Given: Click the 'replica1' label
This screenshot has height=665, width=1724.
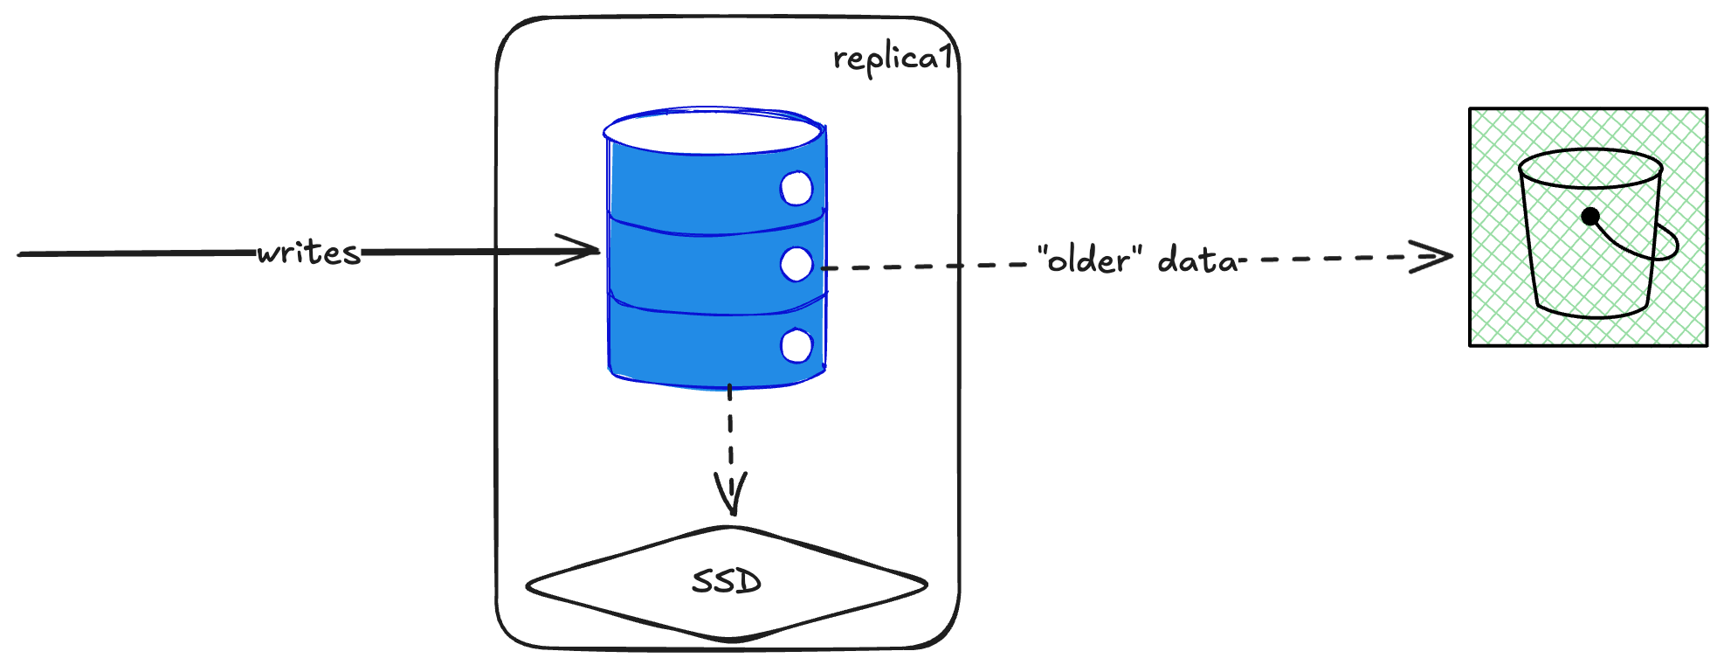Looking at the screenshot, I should [891, 59].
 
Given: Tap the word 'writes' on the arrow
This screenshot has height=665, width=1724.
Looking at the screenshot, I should [308, 253].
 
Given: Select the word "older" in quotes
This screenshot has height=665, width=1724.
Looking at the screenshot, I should [1089, 260].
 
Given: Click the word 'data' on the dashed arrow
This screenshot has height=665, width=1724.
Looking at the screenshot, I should [1197, 260].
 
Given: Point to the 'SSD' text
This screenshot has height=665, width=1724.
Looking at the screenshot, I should [727, 582].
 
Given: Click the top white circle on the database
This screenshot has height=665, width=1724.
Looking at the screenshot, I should [796, 189].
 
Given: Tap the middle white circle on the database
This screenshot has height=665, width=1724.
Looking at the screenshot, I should [796, 264].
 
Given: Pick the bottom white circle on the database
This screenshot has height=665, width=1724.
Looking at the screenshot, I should [796, 346].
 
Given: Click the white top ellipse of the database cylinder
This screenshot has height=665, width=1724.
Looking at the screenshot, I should [712, 132].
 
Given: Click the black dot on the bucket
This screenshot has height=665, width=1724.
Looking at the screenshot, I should [1590, 216].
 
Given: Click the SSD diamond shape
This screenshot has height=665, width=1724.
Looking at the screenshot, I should [611, 585].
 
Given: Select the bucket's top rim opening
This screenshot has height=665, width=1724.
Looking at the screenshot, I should [1590, 168].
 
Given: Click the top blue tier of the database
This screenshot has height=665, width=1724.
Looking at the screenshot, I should [699, 192].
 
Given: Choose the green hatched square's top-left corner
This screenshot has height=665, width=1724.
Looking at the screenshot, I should [1472, 110].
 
